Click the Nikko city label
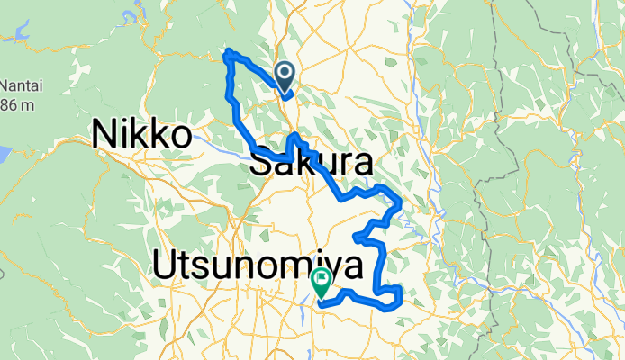pos(142,136)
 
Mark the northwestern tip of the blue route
pos(227,53)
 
